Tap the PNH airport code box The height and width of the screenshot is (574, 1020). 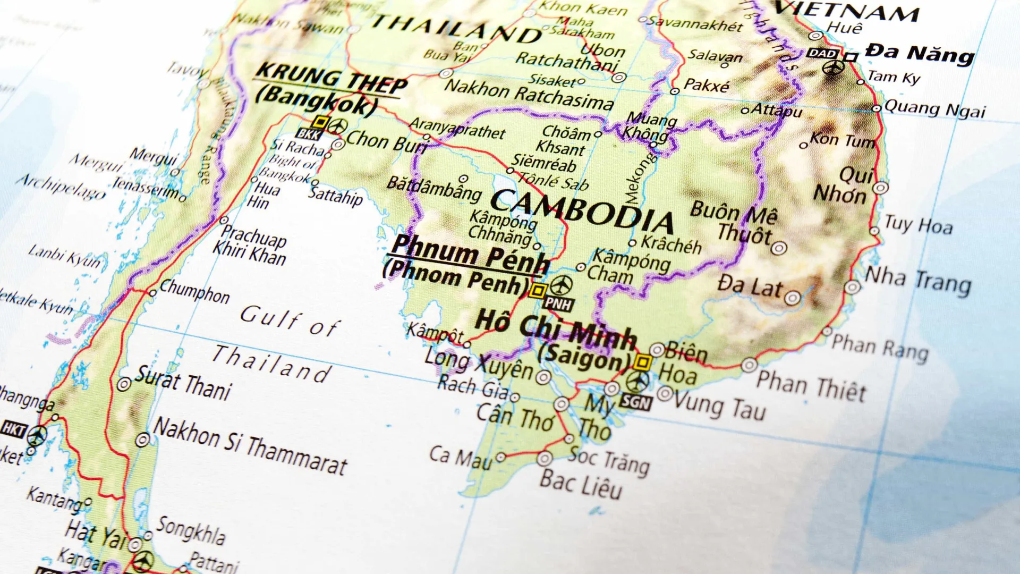tap(558, 304)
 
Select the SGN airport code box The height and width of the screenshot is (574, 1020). tap(635, 402)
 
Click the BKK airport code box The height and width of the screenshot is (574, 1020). tap(309, 134)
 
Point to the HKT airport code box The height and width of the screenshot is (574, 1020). tap(13, 428)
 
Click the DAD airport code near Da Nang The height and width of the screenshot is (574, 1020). tap(822, 54)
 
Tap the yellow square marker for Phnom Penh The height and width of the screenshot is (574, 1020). tap(538, 291)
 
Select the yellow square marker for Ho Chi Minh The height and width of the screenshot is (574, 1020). tap(643, 362)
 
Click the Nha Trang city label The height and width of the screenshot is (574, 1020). tap(918, 282)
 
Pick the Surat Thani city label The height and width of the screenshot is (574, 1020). tap(184, 383)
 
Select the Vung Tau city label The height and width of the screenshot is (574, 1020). tap(720, 406)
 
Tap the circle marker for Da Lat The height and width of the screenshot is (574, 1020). tap(792, 298)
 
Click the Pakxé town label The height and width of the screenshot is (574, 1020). tap(706, 85)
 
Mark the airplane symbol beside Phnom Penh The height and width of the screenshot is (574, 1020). tap(562, 285)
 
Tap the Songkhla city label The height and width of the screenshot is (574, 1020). tap(191, 530)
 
